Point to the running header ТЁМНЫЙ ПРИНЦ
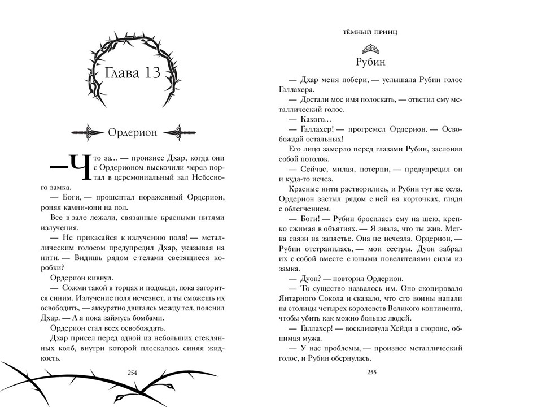pos(370,32)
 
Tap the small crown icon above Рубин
pos(370,46)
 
